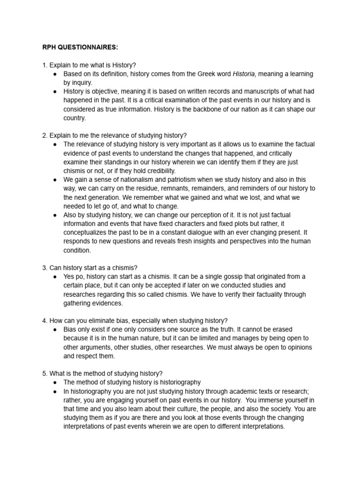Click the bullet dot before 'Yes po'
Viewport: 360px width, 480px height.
(x=55, y=277)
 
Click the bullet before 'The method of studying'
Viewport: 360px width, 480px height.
(x=55, y=382)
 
